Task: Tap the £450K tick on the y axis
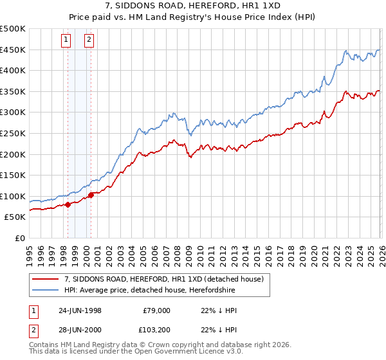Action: point(13,50)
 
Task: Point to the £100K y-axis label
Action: point(13,196)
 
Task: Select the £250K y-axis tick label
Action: point(13,133)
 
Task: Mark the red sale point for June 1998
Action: point(68,205)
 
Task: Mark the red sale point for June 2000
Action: point(91,195)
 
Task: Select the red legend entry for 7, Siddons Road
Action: point(163,279)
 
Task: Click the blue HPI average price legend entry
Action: point(149,290)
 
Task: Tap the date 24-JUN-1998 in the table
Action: point(80,310)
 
